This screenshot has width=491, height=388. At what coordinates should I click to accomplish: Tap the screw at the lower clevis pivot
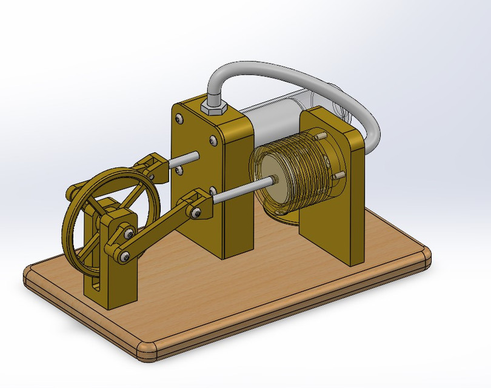click(196, 212)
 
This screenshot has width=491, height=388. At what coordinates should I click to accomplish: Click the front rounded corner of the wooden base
click(148, 351)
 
